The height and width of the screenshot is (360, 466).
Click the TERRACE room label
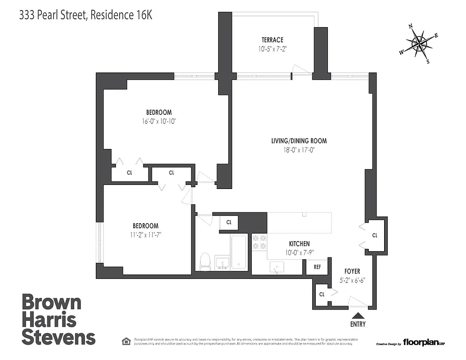273,40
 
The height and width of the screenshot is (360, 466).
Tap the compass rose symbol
419,44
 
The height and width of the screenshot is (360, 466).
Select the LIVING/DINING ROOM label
299,141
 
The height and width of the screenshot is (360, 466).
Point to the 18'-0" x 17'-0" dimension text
299,150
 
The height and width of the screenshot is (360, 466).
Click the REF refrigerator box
317,267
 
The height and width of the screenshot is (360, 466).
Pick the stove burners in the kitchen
259,242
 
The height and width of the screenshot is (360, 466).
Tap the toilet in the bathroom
205,261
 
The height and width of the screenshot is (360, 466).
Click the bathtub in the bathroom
239,252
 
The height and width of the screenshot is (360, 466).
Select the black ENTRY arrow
358,316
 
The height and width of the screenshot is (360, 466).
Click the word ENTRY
358,324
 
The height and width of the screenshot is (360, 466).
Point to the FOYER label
352,271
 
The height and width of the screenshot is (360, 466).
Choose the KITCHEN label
299,243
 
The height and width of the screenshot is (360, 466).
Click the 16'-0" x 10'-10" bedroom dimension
158,121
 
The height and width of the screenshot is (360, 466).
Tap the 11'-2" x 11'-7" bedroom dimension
145,234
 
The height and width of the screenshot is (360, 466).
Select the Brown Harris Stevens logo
58,319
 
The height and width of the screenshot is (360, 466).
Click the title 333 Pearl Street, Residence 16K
86,15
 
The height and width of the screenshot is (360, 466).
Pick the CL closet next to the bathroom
229,222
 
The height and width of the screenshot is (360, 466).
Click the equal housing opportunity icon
126,341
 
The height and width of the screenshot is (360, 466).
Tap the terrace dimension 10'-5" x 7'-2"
273,49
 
